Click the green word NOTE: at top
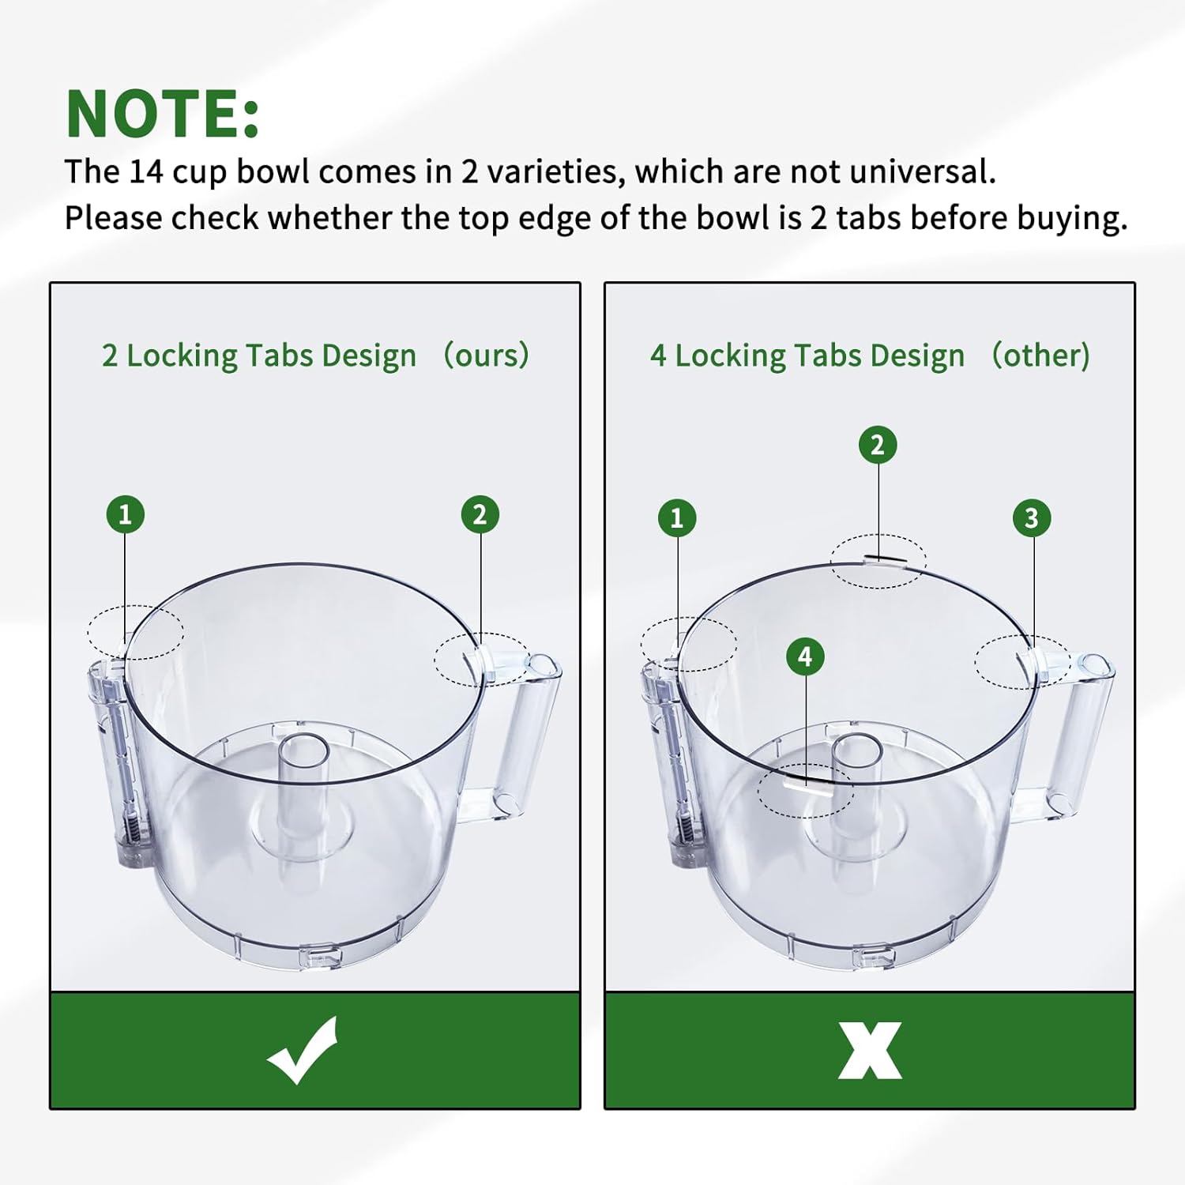(x=163, y=114)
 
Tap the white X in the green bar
(x=870, y=1051)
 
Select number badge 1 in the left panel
(x=125, y=514)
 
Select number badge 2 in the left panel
(x=480, y=514)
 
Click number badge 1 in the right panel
(x=677, y=518)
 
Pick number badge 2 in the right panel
(x=878, y=446)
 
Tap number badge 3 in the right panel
(x=1031, y=518)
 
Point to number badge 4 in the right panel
(x=805, y=656)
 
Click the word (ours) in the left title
(x=486, y=355)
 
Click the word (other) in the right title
(x=1040, y=355)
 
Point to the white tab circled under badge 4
(x=804, y=787)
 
